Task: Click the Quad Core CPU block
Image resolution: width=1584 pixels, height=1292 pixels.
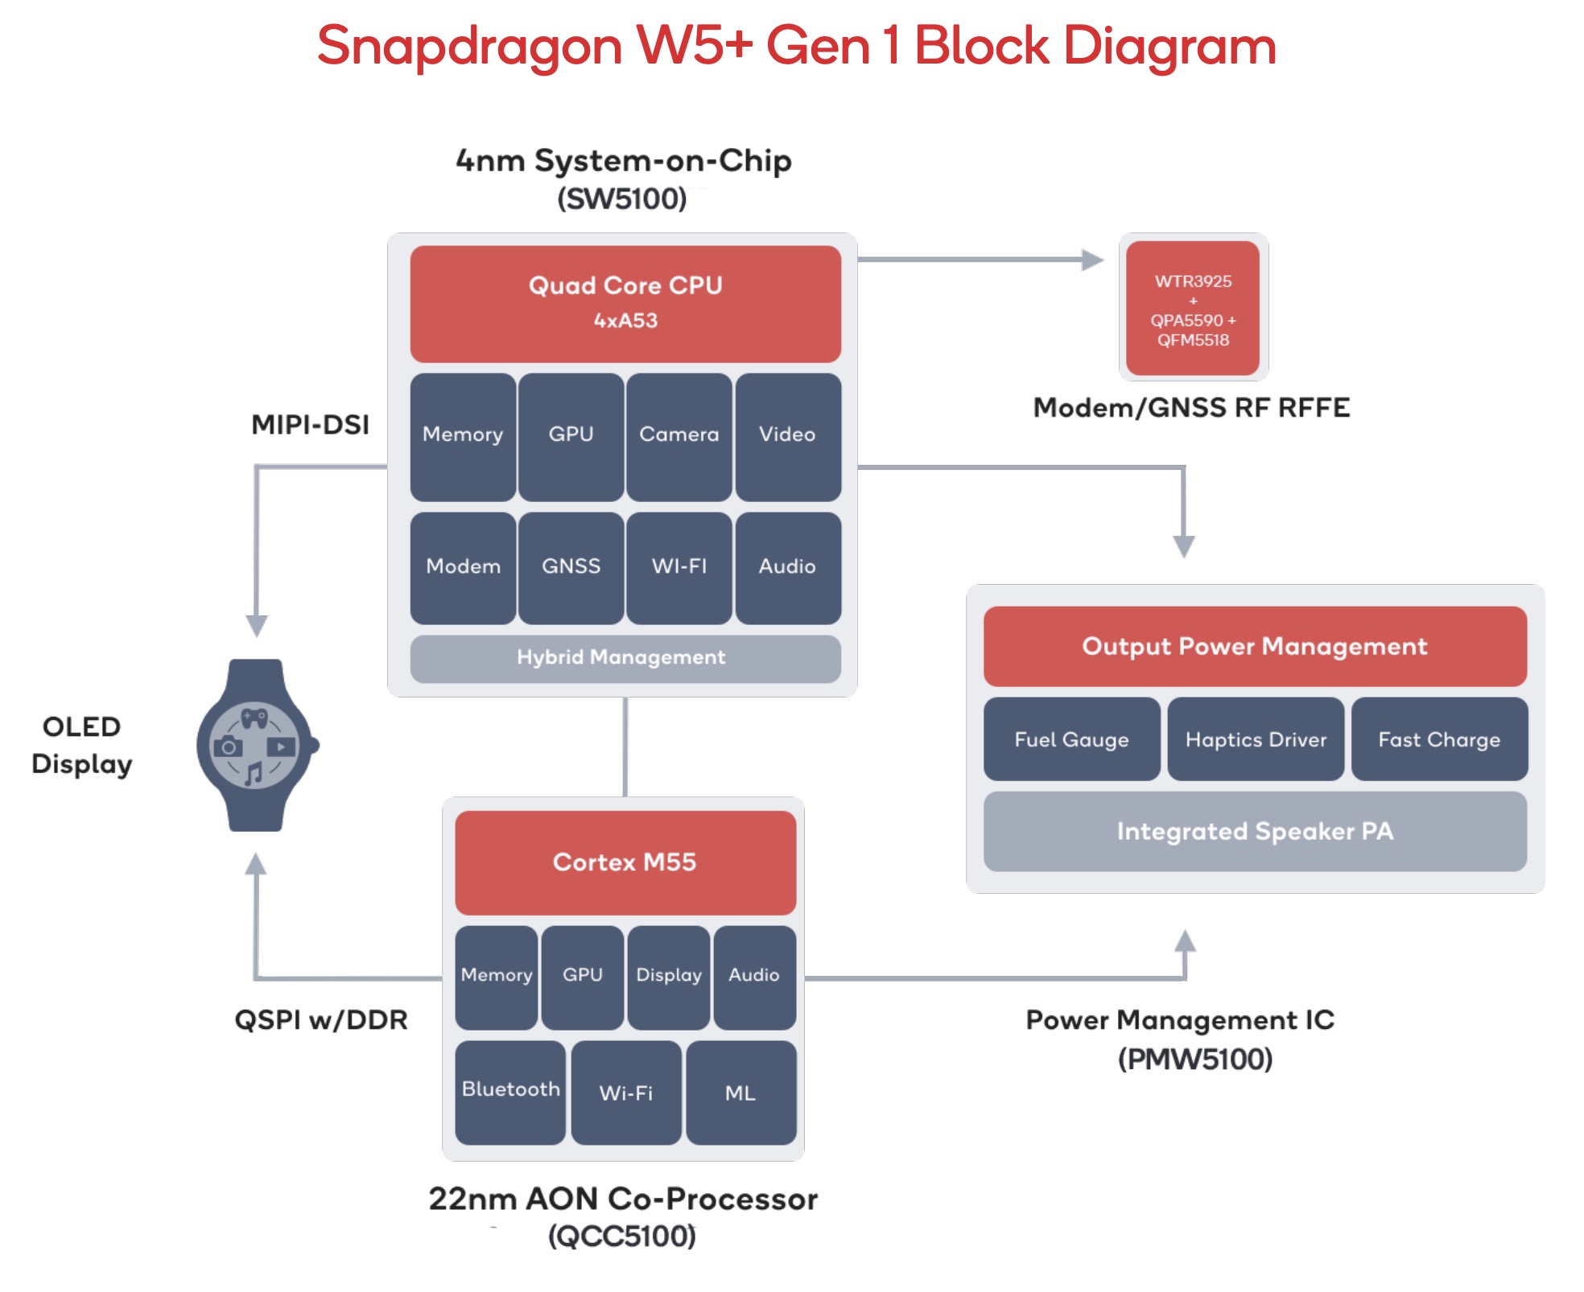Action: point(625,303)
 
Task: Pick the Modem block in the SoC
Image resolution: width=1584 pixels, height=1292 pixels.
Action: point(463,567)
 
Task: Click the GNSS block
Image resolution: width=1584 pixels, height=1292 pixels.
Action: point(571,567)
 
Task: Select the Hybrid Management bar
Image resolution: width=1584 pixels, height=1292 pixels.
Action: point(625,658)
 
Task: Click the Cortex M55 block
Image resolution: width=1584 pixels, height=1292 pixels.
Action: point(625,862)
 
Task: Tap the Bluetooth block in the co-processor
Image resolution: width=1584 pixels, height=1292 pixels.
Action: point(510,1091)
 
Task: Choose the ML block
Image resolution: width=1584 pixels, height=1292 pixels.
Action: point(740,1092)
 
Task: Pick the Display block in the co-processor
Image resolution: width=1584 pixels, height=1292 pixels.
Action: point(668,976)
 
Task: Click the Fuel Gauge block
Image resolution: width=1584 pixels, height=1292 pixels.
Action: point(1071,739)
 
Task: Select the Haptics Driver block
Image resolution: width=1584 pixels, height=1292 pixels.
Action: point(1256,739)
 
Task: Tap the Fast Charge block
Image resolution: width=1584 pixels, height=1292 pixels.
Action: point(1439,739)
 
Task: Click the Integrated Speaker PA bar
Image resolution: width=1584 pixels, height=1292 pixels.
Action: point(1255,831)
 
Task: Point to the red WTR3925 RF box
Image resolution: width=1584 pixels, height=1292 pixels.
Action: point(1193,309)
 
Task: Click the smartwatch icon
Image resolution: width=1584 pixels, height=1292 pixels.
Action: point(256,746)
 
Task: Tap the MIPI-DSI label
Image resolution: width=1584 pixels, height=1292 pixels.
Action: point(310,424)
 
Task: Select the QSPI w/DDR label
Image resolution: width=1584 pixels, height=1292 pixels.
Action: point(320,1020)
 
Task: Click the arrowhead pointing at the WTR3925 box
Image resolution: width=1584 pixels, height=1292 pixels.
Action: point(1092,260)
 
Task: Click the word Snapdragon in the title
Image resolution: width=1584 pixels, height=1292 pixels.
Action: point(469,46)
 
